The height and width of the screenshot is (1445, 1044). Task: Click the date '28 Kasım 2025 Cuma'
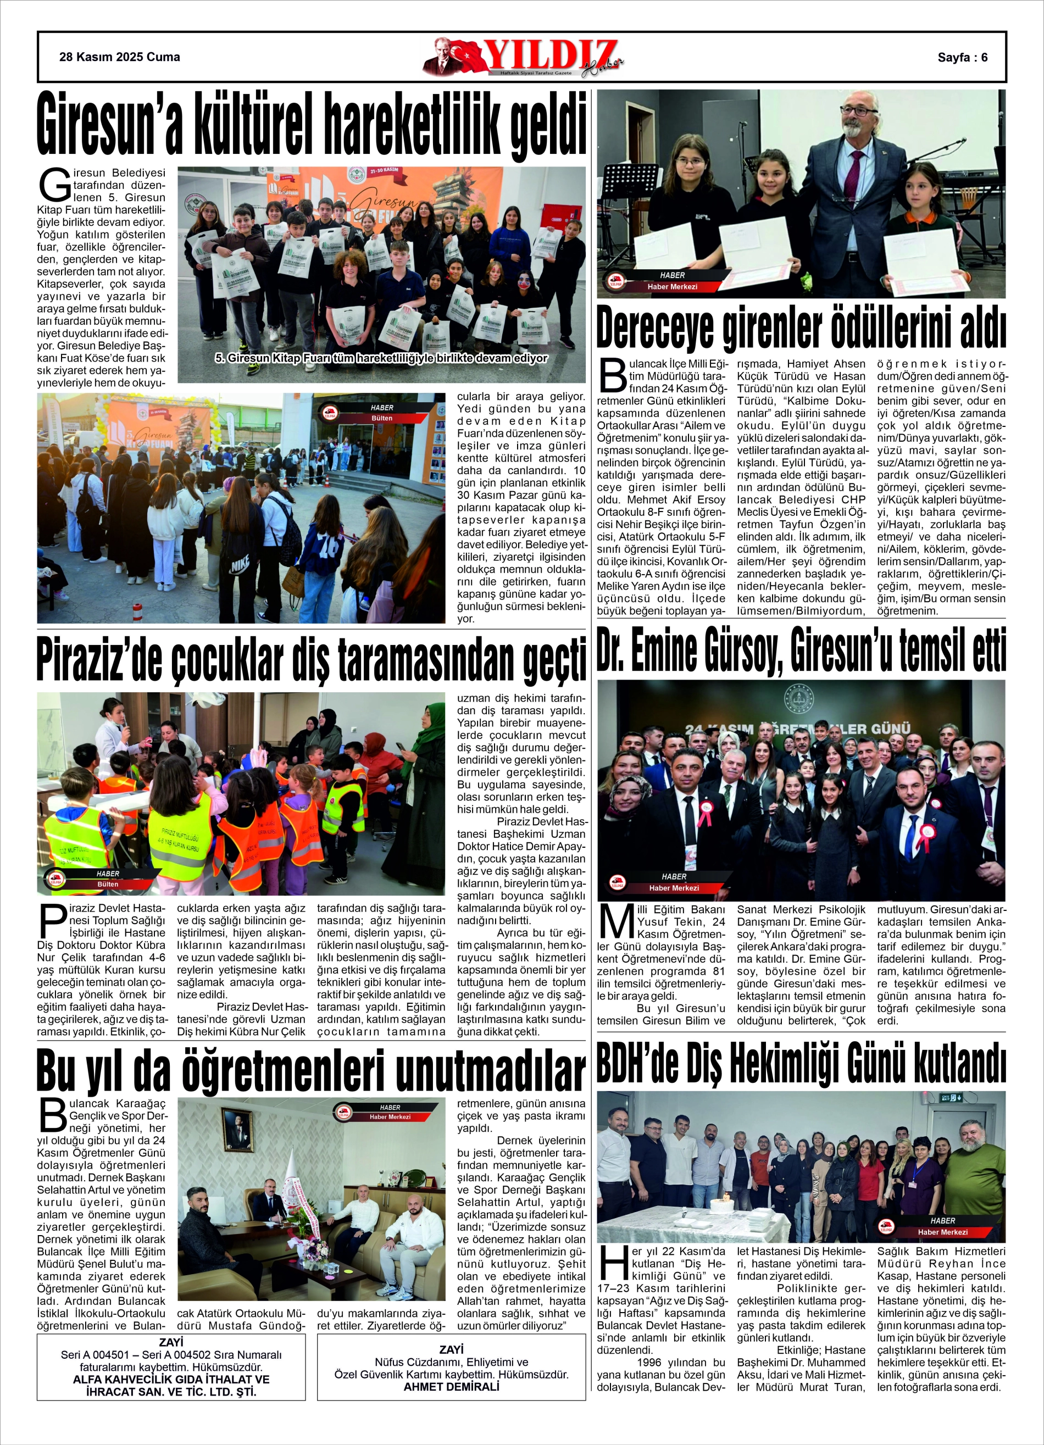pyautogui.click(x=119, y=57)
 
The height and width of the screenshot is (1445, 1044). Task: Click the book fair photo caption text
pyautogui.click(x=381, y=359)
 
